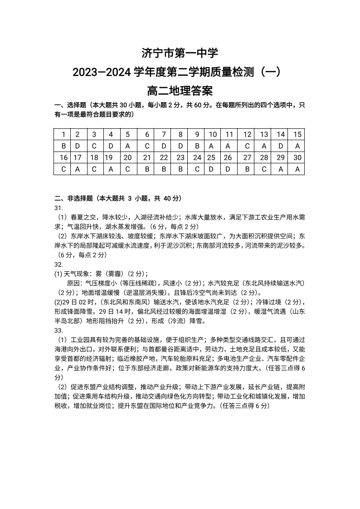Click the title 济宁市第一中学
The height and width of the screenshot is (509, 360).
[x=180, y=54]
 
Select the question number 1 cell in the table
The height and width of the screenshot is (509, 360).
[x=63, y=134]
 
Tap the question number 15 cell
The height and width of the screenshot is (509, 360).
[x=297, y=134]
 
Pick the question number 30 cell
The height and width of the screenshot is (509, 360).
[x=297, y=157]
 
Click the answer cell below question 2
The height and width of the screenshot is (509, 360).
[x=78, y=146]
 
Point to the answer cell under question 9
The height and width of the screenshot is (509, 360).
[x=197, y=146]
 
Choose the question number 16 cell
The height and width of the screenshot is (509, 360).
[x=63, y=157]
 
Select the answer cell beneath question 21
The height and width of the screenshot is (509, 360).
[x=146, y=169]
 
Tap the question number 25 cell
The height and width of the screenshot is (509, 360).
[x=211, y=157]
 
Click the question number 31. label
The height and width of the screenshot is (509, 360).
[x=58, y=207]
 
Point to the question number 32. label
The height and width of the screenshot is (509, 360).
[x=58, y=264]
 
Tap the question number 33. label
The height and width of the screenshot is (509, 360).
[x=58, y=330]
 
